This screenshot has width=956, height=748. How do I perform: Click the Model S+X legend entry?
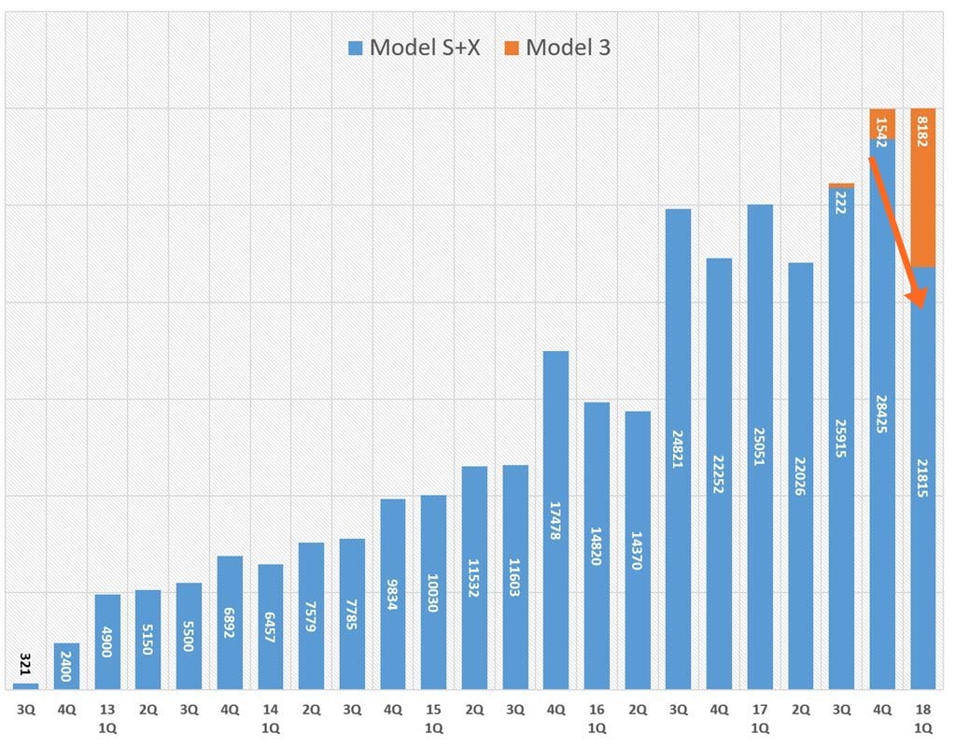414,48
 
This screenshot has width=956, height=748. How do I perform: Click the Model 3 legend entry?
557,48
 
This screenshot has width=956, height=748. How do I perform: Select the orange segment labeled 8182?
922,188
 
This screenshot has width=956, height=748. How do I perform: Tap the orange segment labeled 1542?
882,123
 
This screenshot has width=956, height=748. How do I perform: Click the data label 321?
26,666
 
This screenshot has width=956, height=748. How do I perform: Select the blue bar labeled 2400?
66,666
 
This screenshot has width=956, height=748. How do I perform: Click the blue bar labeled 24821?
678,448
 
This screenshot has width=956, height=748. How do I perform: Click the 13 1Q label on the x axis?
107,717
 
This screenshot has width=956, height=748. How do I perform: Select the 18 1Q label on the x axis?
922,717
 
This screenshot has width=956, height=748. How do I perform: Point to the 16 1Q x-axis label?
597,717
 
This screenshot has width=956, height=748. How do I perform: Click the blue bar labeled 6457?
271,627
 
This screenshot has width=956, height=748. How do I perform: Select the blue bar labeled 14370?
638,550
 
